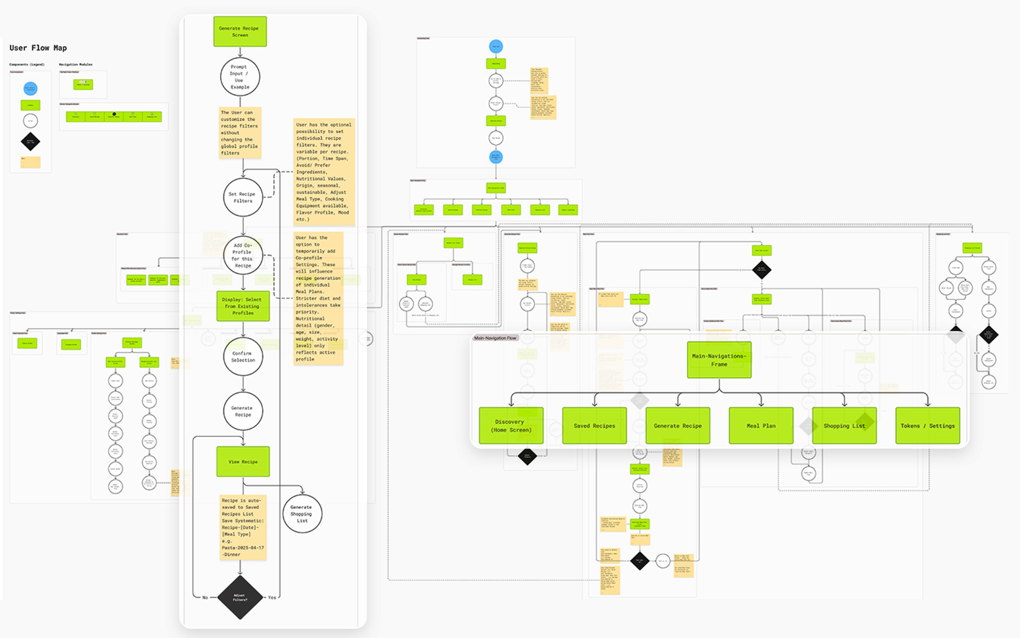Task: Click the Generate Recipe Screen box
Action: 240,32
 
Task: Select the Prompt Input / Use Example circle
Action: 240,77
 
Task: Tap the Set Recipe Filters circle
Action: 243,197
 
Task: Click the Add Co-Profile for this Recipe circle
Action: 243,255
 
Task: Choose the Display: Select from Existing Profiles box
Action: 243,306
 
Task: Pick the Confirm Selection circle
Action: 243,357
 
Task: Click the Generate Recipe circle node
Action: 243,412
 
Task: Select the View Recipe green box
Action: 243,461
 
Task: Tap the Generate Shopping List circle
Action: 302,514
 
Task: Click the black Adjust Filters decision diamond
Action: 240,597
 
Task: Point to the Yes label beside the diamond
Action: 272,598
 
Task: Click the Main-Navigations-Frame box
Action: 719,360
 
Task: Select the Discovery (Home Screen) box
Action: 511,426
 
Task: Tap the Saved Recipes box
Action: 594,426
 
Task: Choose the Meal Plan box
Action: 761,426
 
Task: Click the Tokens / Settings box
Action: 927,426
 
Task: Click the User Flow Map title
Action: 38,48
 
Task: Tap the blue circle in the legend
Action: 30,89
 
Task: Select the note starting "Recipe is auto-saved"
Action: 243,527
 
